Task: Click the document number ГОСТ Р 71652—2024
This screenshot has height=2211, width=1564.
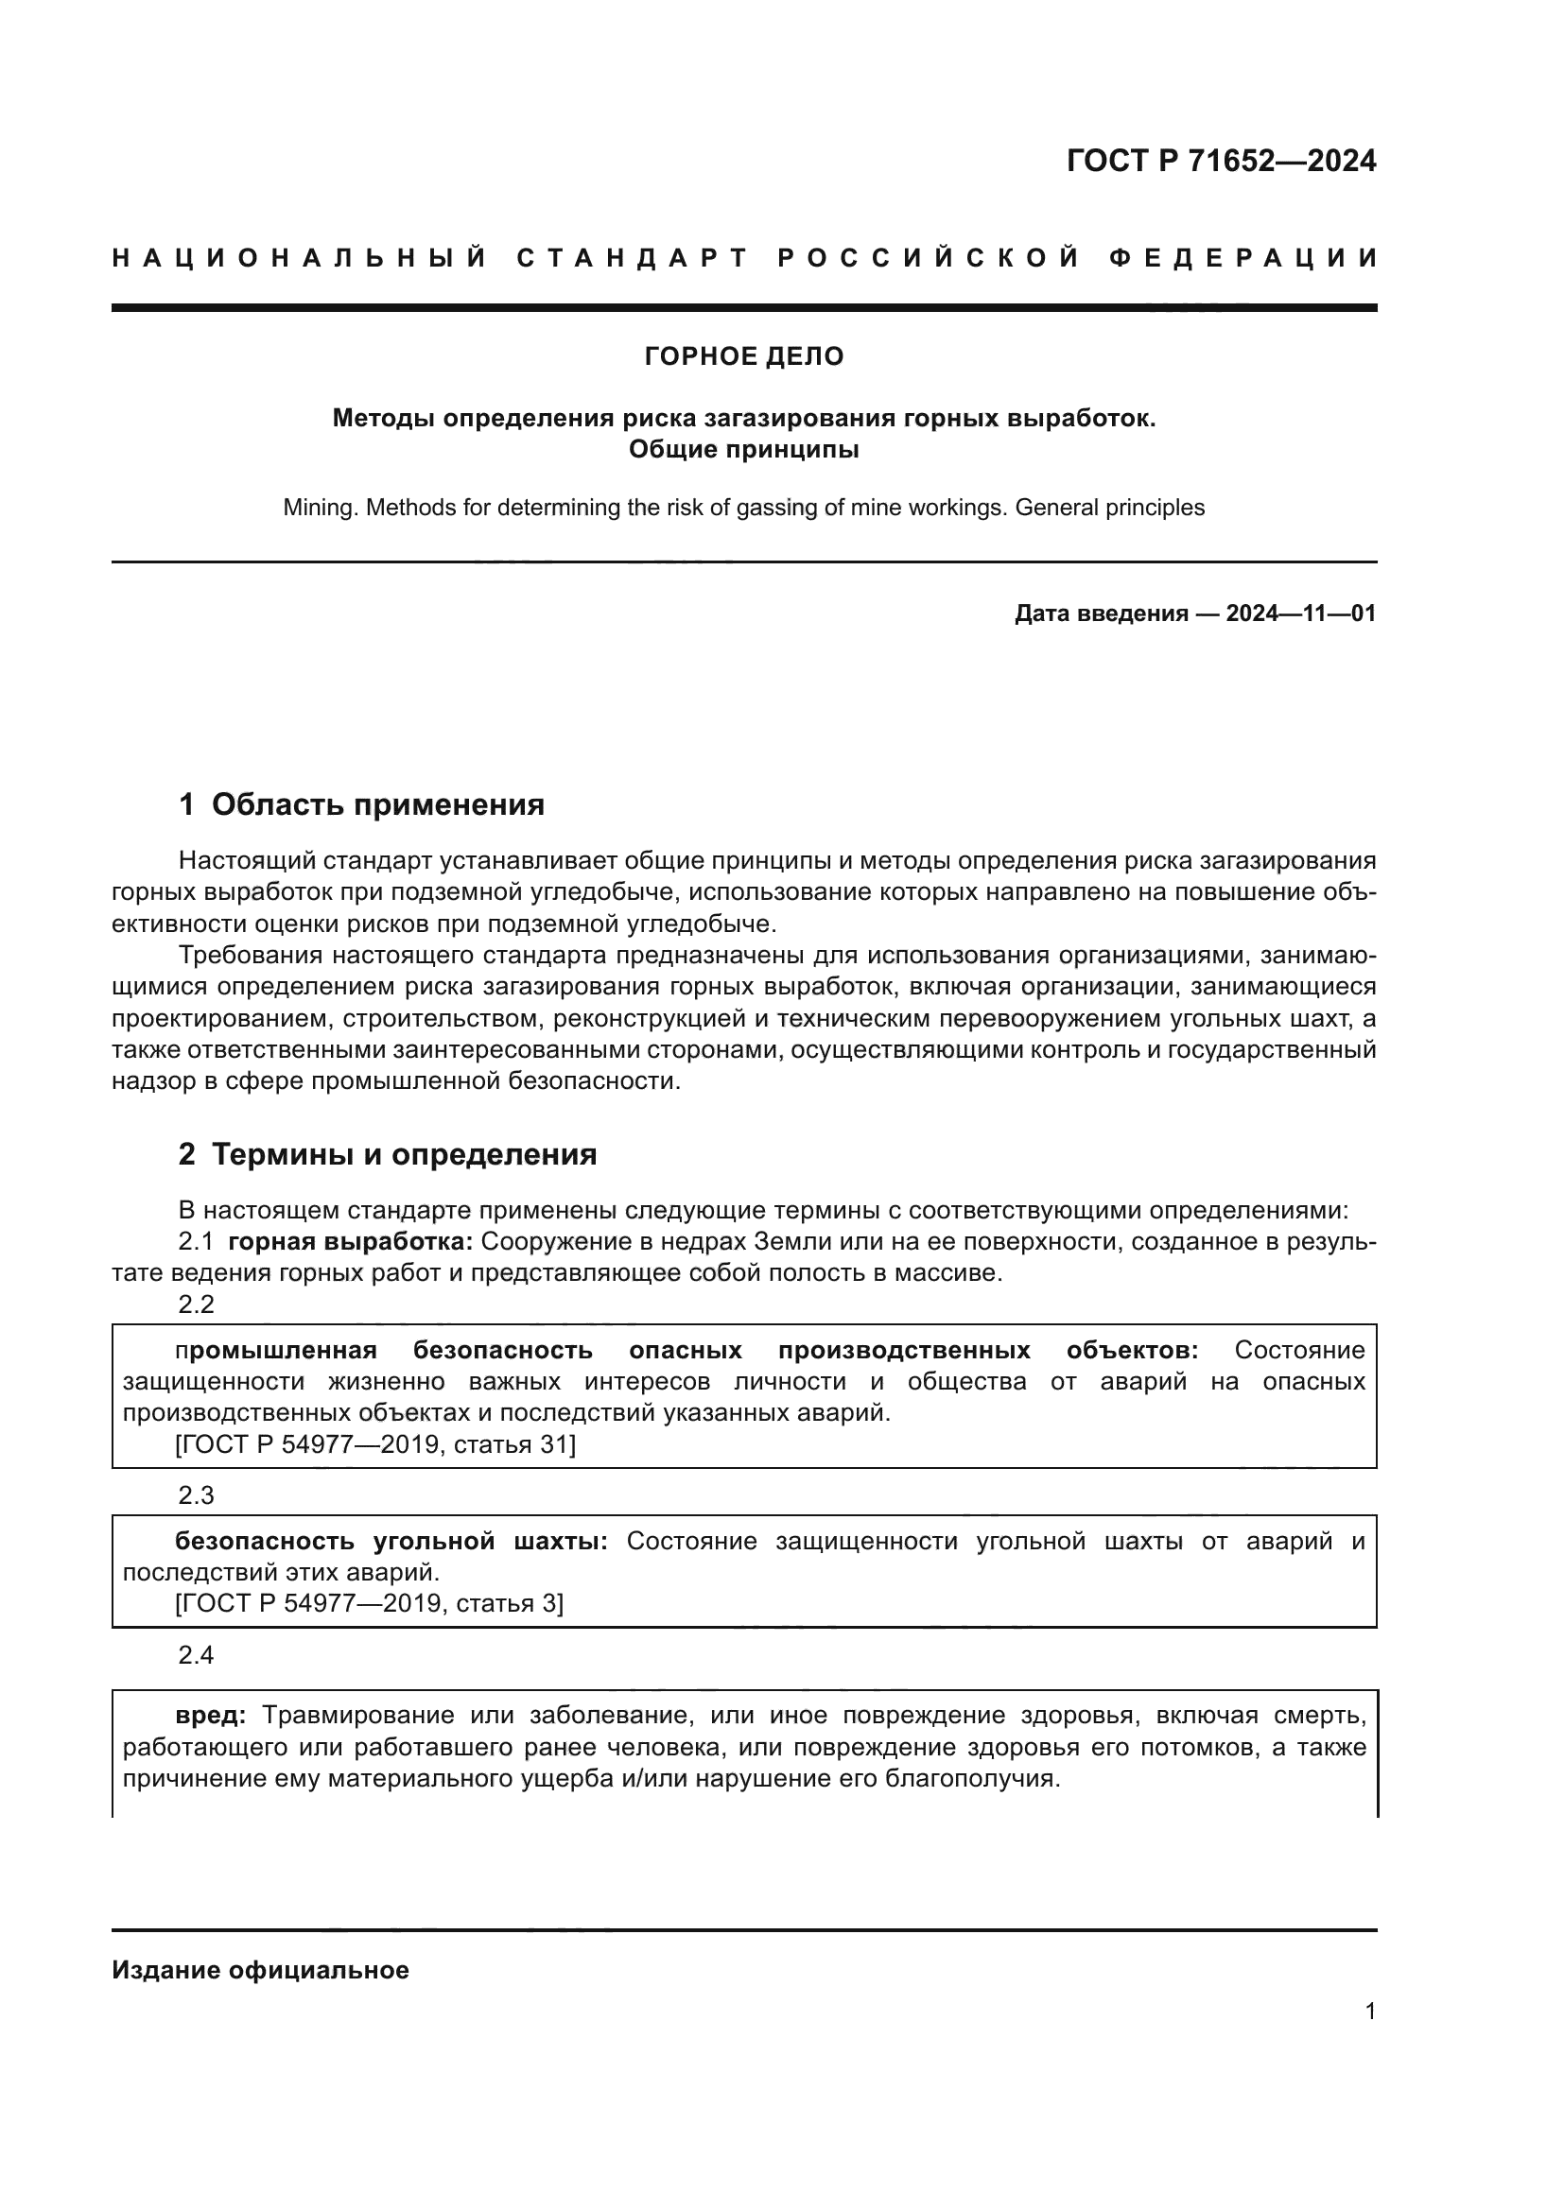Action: tap(1221, 161)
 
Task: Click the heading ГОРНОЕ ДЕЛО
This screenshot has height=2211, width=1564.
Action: tap(743, 356)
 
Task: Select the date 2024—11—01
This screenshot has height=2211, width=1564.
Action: tap(1300, 613)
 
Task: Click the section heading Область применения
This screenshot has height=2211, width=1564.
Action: tap(377, 804)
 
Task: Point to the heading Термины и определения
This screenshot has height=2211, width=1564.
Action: tap(404, 1153)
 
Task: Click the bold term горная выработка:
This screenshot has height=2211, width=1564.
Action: tap(351, 1241)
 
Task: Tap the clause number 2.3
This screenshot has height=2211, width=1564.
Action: tap(197, 1494)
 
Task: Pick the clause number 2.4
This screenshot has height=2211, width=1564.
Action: tap(197, 1654)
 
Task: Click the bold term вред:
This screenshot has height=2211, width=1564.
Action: tap(211, 1715)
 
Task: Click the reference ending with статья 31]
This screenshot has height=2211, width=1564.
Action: tap(375, 1443)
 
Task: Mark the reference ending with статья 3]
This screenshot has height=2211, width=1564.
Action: tap(370, 1602)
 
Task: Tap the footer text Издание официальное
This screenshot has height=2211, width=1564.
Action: tap(260, 1970)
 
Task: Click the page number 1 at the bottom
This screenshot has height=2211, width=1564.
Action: tap(1369, 2011)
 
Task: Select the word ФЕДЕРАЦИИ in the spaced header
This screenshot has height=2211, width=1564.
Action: tap(1243, 258)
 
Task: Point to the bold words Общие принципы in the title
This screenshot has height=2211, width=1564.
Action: tap(743, 449)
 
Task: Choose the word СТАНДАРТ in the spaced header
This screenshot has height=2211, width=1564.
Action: tap(632, 258)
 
